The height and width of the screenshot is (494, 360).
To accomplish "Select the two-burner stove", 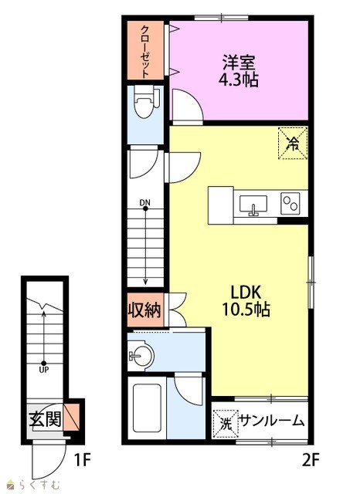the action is [x=290, y=203].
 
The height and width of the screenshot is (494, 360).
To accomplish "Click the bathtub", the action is [x=147, y=408].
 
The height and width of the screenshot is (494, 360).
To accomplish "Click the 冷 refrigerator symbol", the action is [x=293, y=143].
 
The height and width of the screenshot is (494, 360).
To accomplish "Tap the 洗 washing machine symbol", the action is [x=226, y=424].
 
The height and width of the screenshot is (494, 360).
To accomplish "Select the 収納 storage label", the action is [x=144, y=310].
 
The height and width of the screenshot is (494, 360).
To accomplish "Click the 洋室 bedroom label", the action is [x=239, y=63].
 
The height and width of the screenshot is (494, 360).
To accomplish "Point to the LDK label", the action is [x=246, y=293].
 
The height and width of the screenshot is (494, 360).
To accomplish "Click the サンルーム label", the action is [x=272, y=421].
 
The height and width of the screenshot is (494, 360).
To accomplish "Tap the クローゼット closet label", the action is [x=144, y=52].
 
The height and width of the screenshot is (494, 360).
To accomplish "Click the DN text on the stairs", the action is [x=145, y=202].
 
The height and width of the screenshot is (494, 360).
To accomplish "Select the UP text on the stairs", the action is [x=44, y=370].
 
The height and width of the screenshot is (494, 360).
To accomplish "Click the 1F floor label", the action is [x=82, y=460].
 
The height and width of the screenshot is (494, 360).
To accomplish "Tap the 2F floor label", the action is [x=311, y=461].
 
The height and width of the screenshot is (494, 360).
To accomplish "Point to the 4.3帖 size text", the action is [x=239, y=80].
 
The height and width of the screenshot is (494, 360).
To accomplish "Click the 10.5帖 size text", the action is [x=246, y=309].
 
